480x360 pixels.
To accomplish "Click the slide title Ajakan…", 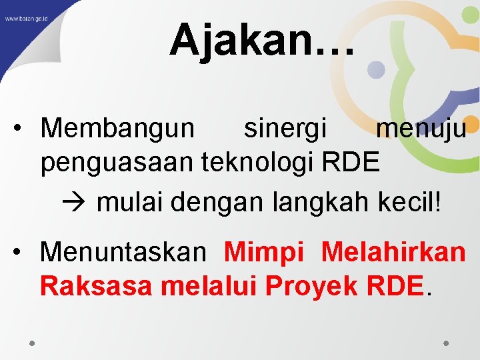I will [x=263, y=39].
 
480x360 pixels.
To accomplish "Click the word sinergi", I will [x=285, y=127].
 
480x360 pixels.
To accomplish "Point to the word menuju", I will [x=421, y=127].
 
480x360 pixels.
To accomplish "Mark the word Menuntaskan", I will [x=123, y=252].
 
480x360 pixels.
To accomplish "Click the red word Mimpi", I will [x=264, y=253].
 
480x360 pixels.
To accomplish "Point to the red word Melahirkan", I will [x=393, y=252].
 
